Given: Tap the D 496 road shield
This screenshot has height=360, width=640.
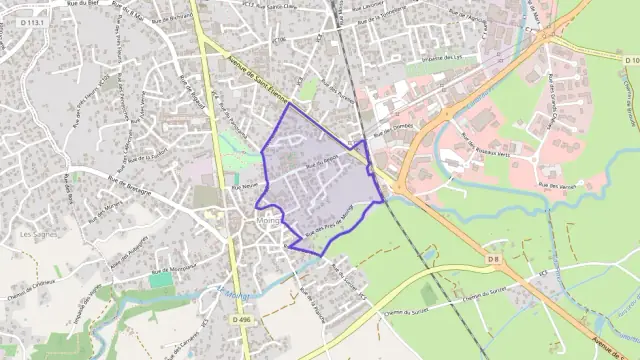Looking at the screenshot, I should pos(240,319).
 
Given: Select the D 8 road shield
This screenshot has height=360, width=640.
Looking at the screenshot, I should pos(492,260).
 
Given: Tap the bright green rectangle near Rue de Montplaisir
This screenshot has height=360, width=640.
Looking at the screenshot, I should pos(161,281).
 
